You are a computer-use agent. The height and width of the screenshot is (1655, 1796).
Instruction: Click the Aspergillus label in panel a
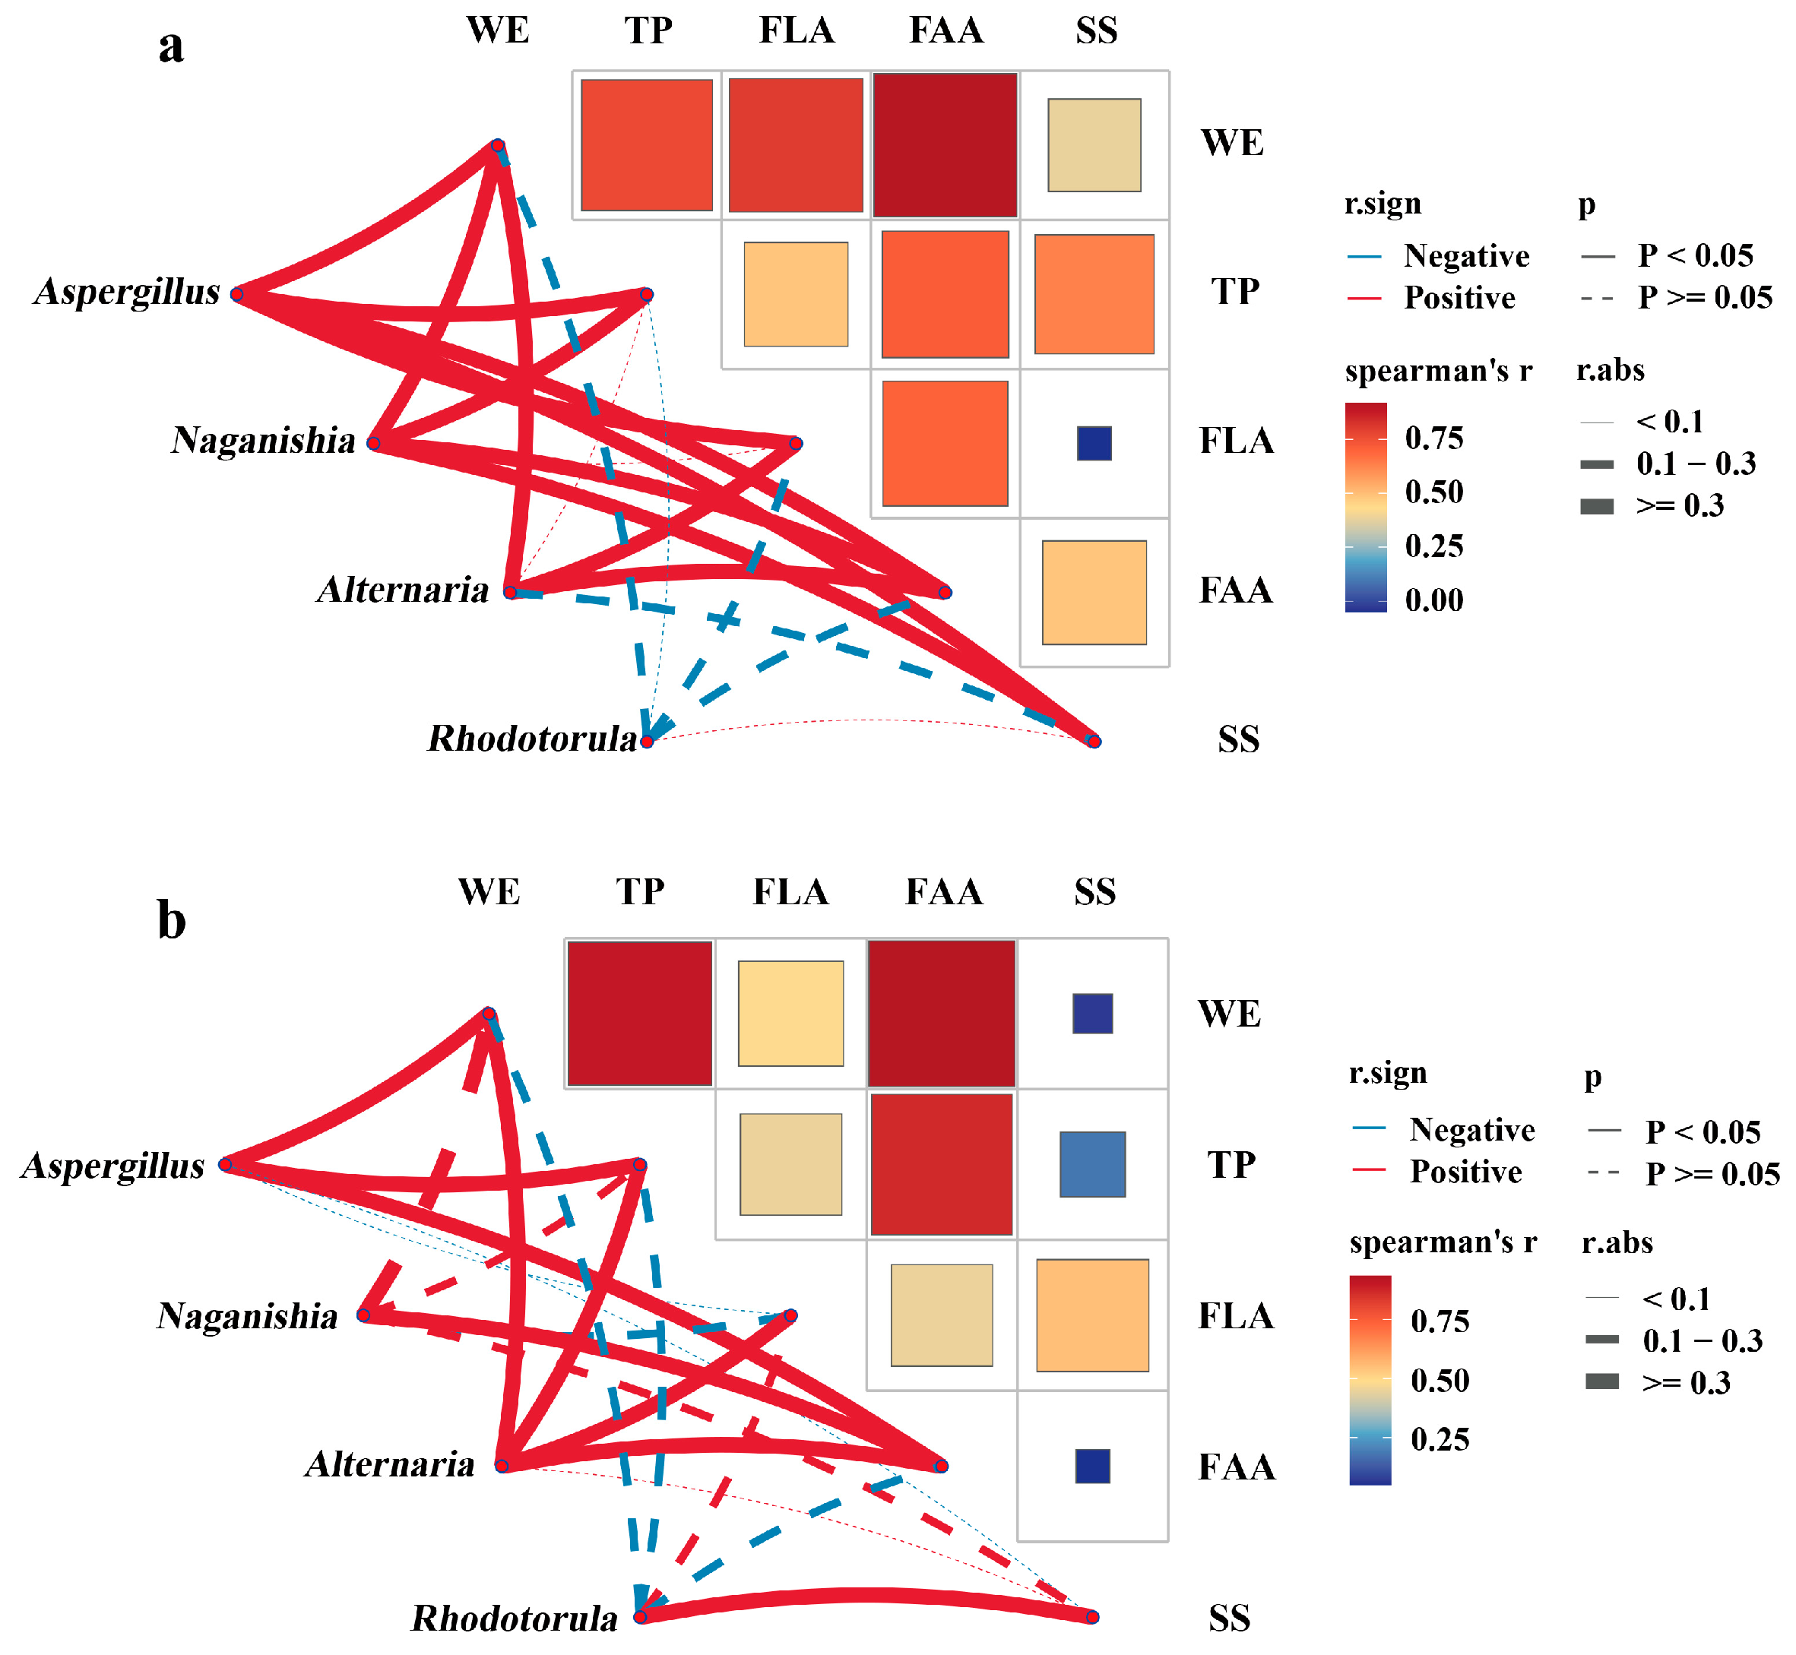coord(126,293)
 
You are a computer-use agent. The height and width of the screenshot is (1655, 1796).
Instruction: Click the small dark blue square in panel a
coord(1094,443)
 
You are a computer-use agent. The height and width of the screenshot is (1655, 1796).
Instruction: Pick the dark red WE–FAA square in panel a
coord(945,145)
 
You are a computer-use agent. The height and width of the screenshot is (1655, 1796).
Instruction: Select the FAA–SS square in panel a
coord(1094,592)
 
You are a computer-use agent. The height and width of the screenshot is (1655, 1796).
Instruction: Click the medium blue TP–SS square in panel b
coord(1092,1164)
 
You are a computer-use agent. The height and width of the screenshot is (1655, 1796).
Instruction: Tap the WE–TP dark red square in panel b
coord(639,1014)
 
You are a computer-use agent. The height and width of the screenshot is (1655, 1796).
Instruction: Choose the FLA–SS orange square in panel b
coord(1092,1315)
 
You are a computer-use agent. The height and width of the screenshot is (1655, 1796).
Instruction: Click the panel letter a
coord(171,46)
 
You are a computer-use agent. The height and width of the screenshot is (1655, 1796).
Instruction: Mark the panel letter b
coord(171,919)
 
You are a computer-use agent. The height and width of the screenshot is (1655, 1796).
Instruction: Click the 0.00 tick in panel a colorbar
coord(1433,600)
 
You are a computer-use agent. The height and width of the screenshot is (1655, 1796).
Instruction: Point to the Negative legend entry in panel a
coord(1465,256)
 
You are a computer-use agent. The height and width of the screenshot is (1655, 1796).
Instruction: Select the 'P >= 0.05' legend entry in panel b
coord(1712,1173)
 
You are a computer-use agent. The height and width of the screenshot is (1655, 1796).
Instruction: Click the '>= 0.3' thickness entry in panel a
coord(1680,506)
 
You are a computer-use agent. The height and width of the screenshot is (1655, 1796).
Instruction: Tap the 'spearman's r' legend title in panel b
coord(1442,1242)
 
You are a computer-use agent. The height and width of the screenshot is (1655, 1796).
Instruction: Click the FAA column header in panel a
coord(946,30)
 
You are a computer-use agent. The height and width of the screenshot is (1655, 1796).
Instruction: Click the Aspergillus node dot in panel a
coord(237,295)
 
